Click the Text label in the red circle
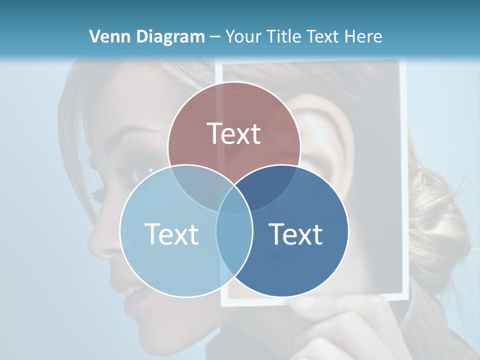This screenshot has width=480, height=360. click(234, 133)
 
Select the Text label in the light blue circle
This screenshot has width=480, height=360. click(171, 234)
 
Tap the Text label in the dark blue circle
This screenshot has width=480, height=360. click(296, 234)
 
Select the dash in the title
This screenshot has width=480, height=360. click(215, 36)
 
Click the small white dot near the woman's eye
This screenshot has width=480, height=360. click(150, 170)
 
